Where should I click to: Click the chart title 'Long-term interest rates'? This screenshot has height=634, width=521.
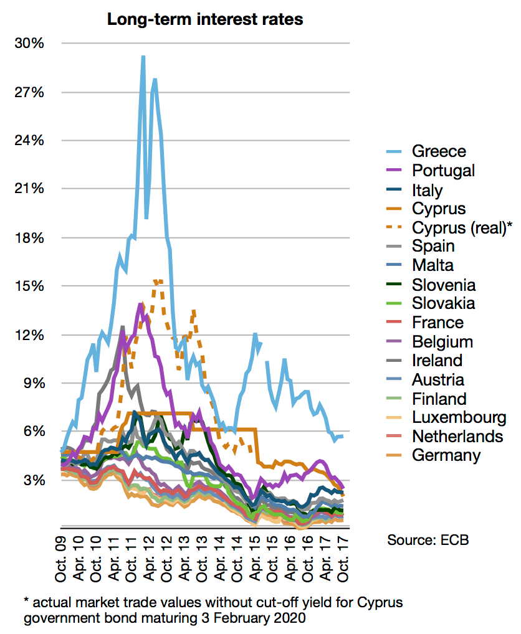click(x=205, y=19)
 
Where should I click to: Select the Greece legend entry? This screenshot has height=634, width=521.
click(x=439, y=151)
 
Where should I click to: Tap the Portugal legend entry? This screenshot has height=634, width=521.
click(x=443, y=171)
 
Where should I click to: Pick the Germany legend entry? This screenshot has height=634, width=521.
click(x=446, y=455)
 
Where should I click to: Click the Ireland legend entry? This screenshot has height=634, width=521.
click(x=437, y=360)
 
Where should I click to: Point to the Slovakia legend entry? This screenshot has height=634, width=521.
click(x=443, y=303)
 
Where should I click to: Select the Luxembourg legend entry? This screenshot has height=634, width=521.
click(x=459, y=417)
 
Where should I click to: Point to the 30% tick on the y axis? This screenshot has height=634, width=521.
click(x=31, y=44)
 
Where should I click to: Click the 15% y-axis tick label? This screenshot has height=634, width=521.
click(x=31, y=286)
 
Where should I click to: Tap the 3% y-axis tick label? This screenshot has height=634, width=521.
click(x=34, y=480)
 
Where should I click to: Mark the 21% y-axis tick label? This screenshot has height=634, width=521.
click(x=31, y=189)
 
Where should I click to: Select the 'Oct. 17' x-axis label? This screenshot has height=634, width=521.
click(x=343, y=559)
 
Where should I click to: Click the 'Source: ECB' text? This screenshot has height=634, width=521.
click(x=428, y=539)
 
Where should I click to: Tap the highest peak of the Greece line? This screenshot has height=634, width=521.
click(x=143, y=57)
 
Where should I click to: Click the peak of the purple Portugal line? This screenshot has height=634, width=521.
click(x=141, y=305)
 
